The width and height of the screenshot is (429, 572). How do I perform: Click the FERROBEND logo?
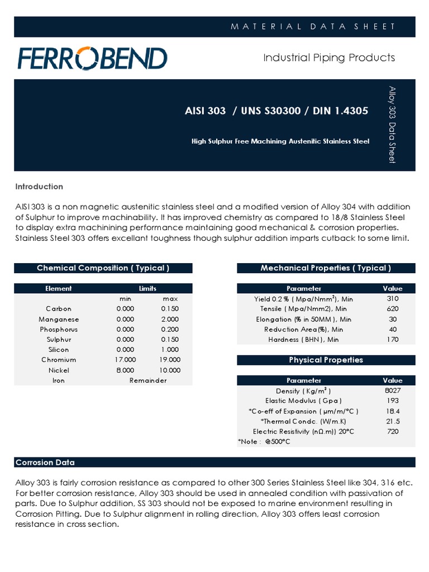92,58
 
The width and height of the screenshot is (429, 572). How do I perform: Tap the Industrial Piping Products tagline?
329,58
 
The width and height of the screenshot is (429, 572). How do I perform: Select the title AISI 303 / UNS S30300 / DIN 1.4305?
276,111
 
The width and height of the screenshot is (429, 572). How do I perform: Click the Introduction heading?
39,187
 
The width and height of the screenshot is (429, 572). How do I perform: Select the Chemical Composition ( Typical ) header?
103,268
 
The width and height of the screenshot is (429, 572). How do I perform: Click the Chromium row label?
59,360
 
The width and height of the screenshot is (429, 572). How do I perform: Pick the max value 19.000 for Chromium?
170,360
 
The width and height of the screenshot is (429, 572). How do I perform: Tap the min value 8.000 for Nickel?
125,370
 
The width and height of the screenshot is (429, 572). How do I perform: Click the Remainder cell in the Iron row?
148,380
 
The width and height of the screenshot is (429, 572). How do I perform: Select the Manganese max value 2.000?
170,320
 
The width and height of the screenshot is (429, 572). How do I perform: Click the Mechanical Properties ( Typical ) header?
326,268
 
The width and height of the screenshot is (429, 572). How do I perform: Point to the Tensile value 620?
392,309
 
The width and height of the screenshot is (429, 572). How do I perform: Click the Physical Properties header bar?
326,360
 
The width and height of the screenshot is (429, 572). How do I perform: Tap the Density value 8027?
392,390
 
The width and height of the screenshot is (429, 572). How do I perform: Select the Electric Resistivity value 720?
392,431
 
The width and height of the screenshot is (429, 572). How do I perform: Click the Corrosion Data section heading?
45,463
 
